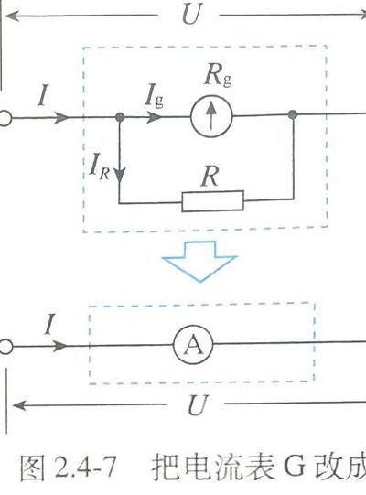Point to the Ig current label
pyautogui.click(x=155, y=95)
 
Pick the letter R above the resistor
pyautogui.click(x=210, y=177)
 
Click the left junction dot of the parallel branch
pyautogui.click(x=120, y=117)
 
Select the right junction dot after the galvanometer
pyautogui.click(x=293, y=114)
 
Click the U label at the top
pyautogui.click(x=191, y=15)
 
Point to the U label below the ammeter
pyautogui.click(x=198, y=405)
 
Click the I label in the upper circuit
pyautogui.click(x=43, y=95)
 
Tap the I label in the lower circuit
pyautogui.click(x=48, y=324)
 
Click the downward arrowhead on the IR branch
pyautogui.click(x=120, y=176)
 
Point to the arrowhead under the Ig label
pyautogui.click(x=155, y=117)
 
